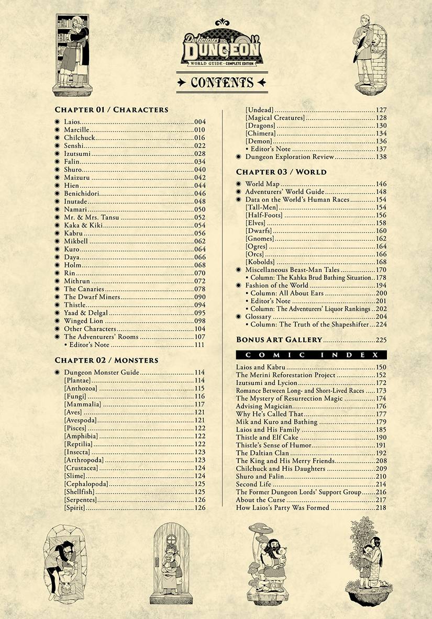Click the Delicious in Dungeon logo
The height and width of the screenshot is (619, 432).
(221, 49)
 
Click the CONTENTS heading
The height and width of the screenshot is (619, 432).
(221, 83)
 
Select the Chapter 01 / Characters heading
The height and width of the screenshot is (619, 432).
(112, 110)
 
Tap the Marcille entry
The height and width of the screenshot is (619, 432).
(76, 130)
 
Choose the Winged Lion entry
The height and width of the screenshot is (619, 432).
(83, 321)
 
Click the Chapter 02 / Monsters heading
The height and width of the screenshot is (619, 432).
(106, 361)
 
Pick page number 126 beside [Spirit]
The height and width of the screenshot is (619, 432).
(200, 508)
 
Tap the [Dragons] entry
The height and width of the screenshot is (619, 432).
(260, 126)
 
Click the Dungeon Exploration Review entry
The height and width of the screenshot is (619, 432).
(290, 157)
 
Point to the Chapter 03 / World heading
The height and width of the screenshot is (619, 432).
(281, 172)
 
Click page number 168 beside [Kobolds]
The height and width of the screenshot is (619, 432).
(381, 262)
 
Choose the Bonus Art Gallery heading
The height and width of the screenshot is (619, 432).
(279, 340)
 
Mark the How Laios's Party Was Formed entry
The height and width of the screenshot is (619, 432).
(283, 508)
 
